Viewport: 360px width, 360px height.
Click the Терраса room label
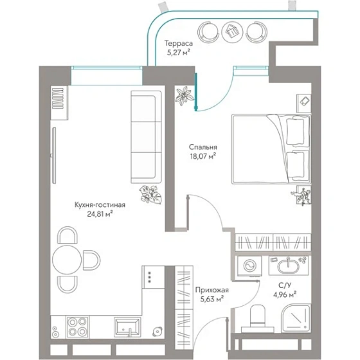179,43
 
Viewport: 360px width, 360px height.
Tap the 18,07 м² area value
203,156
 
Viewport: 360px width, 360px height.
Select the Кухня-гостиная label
100,204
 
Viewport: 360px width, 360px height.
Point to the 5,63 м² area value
212,299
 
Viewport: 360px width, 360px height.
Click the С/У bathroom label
285,285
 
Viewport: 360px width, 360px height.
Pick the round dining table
67,260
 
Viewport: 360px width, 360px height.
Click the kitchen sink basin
127,327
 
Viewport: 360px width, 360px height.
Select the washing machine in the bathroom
249,266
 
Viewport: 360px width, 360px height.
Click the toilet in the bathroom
258,319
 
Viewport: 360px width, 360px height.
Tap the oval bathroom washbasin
289,266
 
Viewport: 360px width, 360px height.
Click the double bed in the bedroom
271,149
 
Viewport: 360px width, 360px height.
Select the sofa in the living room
147,137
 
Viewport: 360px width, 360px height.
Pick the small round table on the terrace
232,32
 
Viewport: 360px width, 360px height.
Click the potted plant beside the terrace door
183,96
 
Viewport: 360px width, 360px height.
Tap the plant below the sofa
150,195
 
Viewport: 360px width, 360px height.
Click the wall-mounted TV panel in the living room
54,156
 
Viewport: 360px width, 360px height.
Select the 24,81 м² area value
100,214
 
